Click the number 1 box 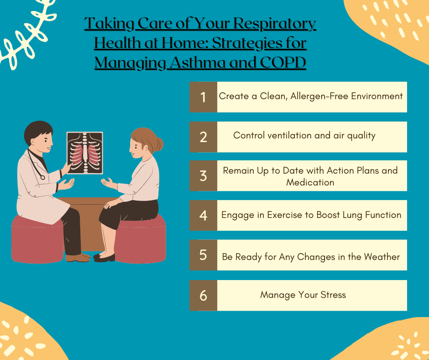pos(203,97)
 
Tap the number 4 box pos(203,215)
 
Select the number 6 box pos(203,295)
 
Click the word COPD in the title pos(283,63)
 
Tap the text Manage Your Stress pos(303,295)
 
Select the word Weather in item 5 pos(382,257)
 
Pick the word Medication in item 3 pos(310,182)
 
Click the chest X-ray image pos(85,153)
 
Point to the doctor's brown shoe pos(78,258)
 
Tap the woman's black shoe pos(105,258)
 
